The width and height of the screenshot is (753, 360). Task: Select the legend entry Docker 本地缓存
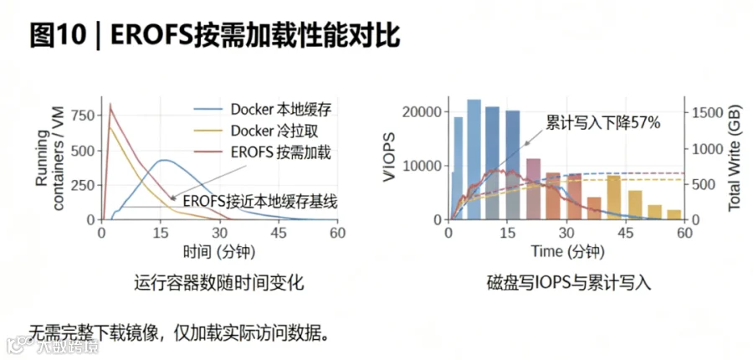click(x=263, y=110)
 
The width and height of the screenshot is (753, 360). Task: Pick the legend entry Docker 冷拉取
click(x=257, y=131)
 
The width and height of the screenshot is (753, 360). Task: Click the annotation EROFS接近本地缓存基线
click(x=260, y=201)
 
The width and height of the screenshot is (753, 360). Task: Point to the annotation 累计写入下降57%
click(x=603, y=123)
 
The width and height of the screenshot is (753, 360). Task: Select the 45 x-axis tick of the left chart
click(x=279, y=233)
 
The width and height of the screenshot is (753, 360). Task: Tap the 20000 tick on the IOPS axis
click(x=421, y=112)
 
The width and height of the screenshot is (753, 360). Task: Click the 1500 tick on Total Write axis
click(x=707, y=112)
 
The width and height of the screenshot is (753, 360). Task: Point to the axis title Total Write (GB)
click(x=735, y=157)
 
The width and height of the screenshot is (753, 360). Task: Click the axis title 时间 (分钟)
click(x=219, y=251)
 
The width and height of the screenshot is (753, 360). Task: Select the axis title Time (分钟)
click(x=567, y=251)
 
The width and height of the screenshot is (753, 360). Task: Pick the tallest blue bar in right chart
click(x=474, y=159)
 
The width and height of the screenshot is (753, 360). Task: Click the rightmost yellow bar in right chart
click(x=674, y=214)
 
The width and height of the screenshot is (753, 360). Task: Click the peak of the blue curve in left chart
click(x=164, y=160)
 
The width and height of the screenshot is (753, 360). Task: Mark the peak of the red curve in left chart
click(x=110, y=103)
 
